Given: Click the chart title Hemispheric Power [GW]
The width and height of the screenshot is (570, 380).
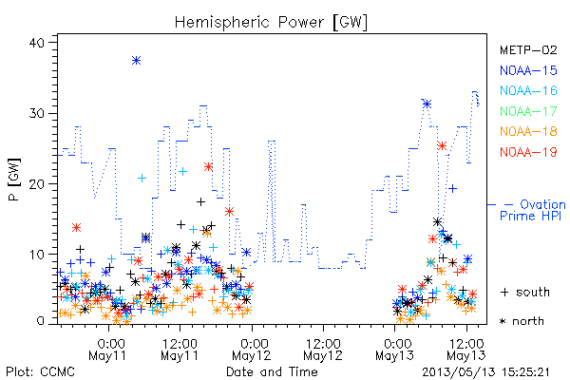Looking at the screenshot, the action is point(271,23).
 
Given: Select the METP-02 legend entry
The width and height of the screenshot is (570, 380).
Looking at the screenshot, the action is point(528,49).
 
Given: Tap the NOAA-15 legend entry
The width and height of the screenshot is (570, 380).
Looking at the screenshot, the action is point(528,70).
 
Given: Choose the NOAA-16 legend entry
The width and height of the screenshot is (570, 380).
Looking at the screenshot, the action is point(528,90).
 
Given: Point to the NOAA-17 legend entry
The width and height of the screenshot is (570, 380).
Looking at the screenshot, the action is point(528,111).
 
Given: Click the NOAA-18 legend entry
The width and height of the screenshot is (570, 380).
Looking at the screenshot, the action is point(528,131).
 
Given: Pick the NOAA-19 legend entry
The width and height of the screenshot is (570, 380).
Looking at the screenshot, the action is point(528,152).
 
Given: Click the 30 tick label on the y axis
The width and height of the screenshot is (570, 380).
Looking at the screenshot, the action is point(36,113).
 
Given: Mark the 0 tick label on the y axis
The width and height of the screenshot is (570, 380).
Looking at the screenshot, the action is point(40,321).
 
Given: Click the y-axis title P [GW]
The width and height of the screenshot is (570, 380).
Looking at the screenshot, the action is point(14,180).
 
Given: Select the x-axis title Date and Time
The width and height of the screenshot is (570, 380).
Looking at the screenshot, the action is point(272,371).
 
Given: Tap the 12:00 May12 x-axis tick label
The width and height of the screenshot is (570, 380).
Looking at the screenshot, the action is point(323,350).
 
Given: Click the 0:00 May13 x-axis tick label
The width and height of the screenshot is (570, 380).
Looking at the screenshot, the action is point(395,350).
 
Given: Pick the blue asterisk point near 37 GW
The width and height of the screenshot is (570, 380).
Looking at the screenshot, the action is point(136,61).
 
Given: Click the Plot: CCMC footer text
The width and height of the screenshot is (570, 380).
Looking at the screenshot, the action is point(40,371).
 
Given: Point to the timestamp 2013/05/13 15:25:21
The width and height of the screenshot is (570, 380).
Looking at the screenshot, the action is point(485,372).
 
